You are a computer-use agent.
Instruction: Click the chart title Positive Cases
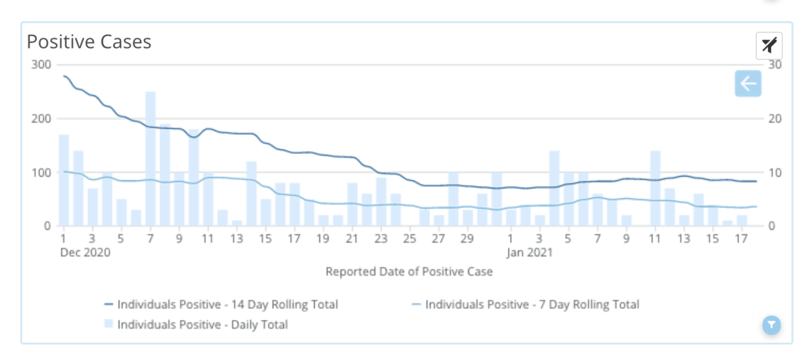89,42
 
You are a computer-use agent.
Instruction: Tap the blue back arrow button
747,83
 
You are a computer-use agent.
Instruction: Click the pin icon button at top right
769,45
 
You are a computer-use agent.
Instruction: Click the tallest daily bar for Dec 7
150,159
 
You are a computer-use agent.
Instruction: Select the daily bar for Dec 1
64,180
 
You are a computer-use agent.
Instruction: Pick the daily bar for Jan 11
655,188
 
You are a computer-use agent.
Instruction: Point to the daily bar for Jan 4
554,188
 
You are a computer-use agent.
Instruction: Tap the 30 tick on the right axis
774,64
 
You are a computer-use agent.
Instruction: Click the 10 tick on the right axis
774,172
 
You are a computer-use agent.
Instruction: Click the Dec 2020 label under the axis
85,253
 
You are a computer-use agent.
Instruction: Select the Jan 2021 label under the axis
529,253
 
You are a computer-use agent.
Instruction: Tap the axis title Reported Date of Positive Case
409,272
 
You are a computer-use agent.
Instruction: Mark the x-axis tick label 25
410,238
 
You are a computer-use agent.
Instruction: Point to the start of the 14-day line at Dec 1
64,76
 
